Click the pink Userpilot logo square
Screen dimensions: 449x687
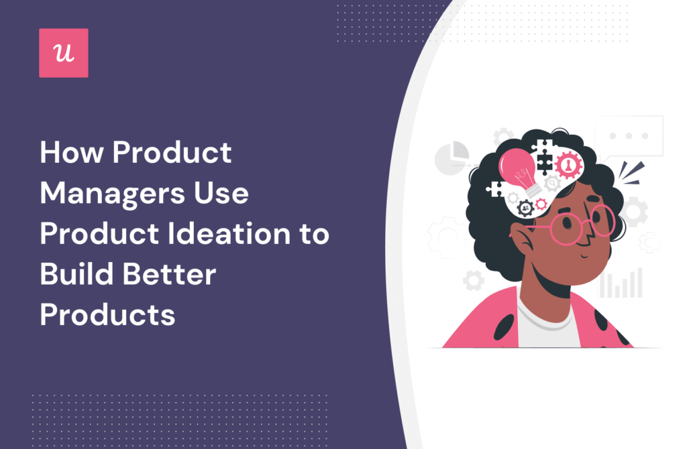pyautogui.click(x=63, y=53)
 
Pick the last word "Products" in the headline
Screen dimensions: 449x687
pyautogui.click(x=107, y=314)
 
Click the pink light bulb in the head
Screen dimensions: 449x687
pyautogui.click(x=519, y=170)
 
